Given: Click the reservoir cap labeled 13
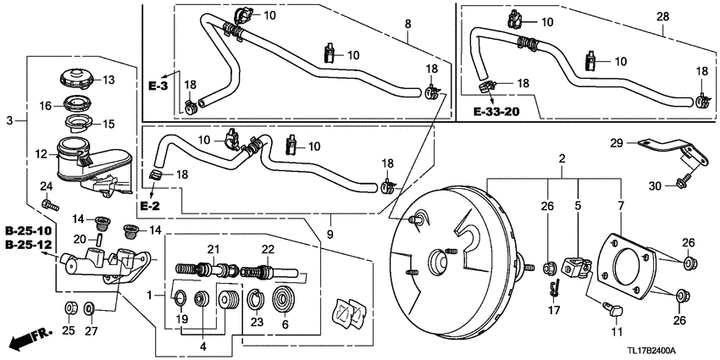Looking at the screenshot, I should pyautogui.click(x=76, y=81).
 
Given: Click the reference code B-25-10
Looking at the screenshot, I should pyautogui.click(x=29, y=231).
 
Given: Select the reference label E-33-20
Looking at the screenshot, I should pyautogui.click(x=496, y=111).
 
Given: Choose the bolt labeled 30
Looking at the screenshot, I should pyautogui.click(x=682, y=180).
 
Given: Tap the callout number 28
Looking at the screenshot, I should pyautogui.click(x=662, y=15).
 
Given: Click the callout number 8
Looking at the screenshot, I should pyautogui.click(x=409, y=26).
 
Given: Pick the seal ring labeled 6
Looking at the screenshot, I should pyautogui.click(x=283, y=303).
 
